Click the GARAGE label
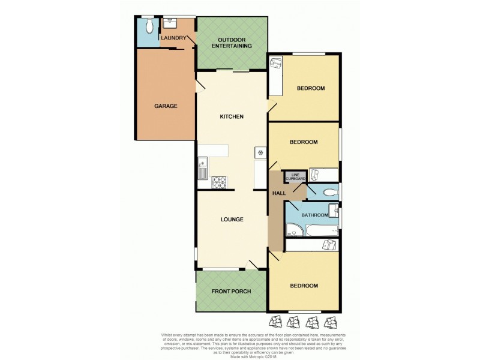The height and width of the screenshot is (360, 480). [x=166, y=106]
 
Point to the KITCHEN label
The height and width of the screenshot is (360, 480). [x=231, y=116]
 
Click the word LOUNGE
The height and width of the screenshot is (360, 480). [x=231, y=220]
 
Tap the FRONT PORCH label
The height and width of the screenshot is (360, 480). [x=231, y=292]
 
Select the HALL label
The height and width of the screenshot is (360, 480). [x=279, y=194]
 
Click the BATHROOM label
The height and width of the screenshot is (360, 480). [x=314, y=215]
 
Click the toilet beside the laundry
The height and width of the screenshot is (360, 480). [x=149, y=26]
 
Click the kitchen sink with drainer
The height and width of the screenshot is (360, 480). [x=202, y=167]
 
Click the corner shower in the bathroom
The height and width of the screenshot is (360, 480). [x=294, y=229]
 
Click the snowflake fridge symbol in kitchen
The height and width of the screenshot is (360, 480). [x=261, y=152]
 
